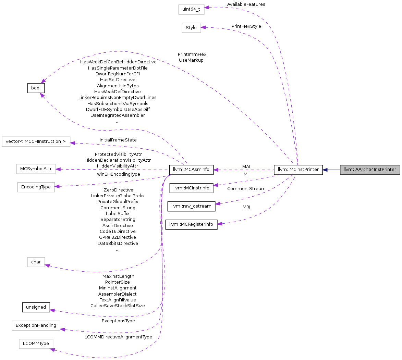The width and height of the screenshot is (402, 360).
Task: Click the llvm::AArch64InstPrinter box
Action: tap(370, 170)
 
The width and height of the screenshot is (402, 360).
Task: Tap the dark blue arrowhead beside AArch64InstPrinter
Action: tap(325, 170)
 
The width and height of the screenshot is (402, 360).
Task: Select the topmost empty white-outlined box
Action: tap(191, 10)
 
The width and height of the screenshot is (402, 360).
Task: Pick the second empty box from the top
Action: tap(191, 28)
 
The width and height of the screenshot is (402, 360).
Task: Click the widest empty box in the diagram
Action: tap(36, 141)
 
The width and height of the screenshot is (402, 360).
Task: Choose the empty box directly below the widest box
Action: tap(36, 169)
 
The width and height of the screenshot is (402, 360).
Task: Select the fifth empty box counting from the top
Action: tap(36, 187)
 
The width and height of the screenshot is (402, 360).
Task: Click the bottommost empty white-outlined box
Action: tap(36, 344)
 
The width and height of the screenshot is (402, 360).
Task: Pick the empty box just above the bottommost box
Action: tap(36, 326)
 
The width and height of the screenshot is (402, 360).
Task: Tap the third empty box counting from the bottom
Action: tap(36, 262)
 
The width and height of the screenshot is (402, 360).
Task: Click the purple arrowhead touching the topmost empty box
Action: tap(207, 7)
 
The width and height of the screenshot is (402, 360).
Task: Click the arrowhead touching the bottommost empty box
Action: tap(52, 349)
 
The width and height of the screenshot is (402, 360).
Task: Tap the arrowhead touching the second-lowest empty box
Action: tap(62, 329)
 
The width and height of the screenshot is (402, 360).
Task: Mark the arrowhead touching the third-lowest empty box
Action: tap(47, 265)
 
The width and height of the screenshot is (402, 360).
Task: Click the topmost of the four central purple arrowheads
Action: tap(215, 170)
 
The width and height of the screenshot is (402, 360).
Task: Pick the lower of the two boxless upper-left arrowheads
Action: tap(42, 95)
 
